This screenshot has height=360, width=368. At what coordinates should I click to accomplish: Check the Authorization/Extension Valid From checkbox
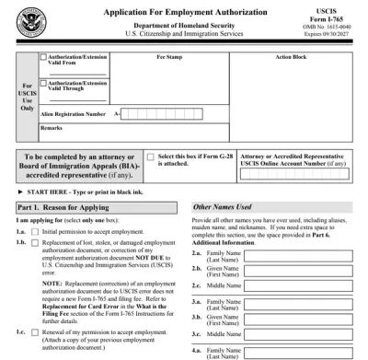tap(42, 57)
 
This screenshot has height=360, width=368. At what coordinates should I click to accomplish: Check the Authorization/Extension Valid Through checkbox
tap(42, 83)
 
